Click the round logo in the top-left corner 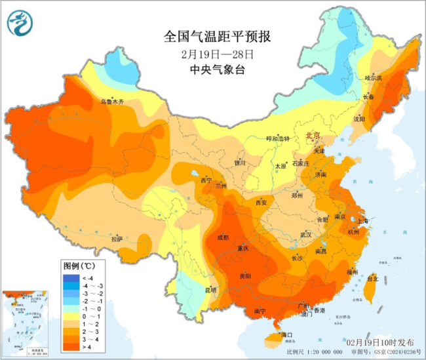coord(20,25)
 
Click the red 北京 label coord(313,135)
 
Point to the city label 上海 coord(363,220)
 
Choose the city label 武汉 coord(306,234)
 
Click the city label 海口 coord(286,335)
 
